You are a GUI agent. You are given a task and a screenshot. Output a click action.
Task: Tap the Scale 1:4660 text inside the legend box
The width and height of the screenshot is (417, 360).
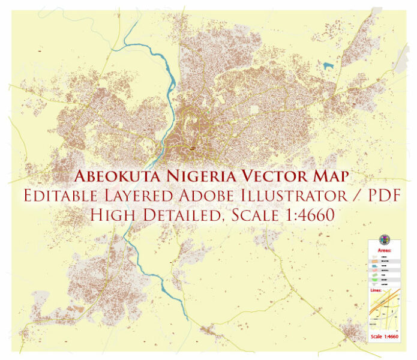pyautogui.click(x=385, y=336)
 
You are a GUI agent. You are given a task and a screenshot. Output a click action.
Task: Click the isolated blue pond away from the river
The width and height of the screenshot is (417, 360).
pyautogui.click(x=328, y=65)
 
